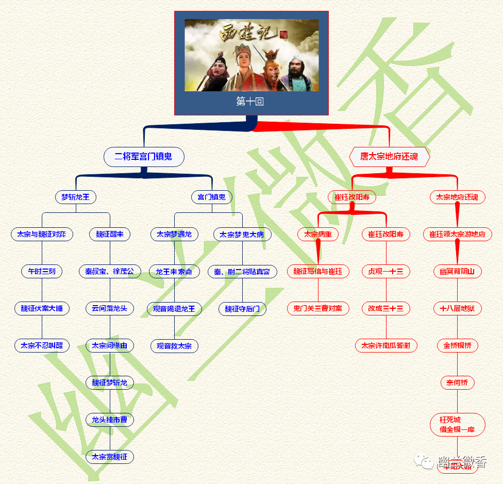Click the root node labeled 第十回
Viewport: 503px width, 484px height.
251,102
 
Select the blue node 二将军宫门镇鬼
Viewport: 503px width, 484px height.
144,157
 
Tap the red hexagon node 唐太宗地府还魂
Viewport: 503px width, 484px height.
389,157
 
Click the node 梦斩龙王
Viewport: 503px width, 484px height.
76,197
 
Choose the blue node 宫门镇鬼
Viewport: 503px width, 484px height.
211,197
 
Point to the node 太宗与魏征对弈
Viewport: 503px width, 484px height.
42,234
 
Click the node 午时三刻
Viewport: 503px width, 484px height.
42,271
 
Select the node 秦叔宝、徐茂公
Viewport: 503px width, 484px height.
110,271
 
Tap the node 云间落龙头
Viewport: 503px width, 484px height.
110,308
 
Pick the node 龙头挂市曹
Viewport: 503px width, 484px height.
110,420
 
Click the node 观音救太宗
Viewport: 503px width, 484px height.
174,346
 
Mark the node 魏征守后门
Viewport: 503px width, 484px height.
242,309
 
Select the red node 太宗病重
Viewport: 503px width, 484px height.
318,234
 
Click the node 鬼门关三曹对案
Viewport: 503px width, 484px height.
318,309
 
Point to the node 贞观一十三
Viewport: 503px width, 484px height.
386,271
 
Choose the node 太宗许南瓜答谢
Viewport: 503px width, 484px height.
386,345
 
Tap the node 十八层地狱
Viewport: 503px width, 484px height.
457,309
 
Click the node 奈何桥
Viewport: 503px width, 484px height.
457,383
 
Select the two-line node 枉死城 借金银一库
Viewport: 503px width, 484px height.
457,425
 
